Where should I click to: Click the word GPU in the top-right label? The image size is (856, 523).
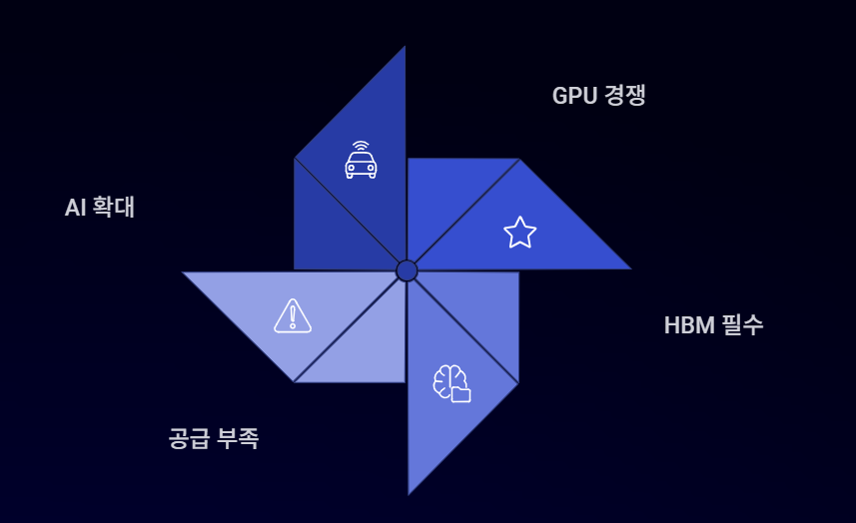(574, 96)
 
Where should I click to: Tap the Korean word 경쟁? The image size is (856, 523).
(626, 96)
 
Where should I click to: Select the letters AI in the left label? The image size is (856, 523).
(76, 208)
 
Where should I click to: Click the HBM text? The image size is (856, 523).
(687, 325)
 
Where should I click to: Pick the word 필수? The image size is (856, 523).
(741, 325)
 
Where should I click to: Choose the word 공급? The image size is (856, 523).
(190, 438)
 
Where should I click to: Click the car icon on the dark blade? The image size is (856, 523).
(361, 164)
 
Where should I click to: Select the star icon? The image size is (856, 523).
(519, 233)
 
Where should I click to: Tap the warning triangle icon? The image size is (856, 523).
(293, 315)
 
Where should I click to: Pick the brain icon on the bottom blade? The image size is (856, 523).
(450, 382)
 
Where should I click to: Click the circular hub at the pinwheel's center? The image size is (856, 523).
(407, 270)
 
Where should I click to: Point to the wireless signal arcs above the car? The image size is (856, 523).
(361, 146)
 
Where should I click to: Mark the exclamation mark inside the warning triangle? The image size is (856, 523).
(293, 317)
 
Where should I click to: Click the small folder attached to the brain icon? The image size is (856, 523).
(460, 394)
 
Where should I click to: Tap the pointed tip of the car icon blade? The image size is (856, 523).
(405, 48)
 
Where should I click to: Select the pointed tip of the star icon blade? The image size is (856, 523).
(628, 268)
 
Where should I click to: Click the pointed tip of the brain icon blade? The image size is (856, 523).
(409, 492)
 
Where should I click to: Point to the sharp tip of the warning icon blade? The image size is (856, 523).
(184, 272)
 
